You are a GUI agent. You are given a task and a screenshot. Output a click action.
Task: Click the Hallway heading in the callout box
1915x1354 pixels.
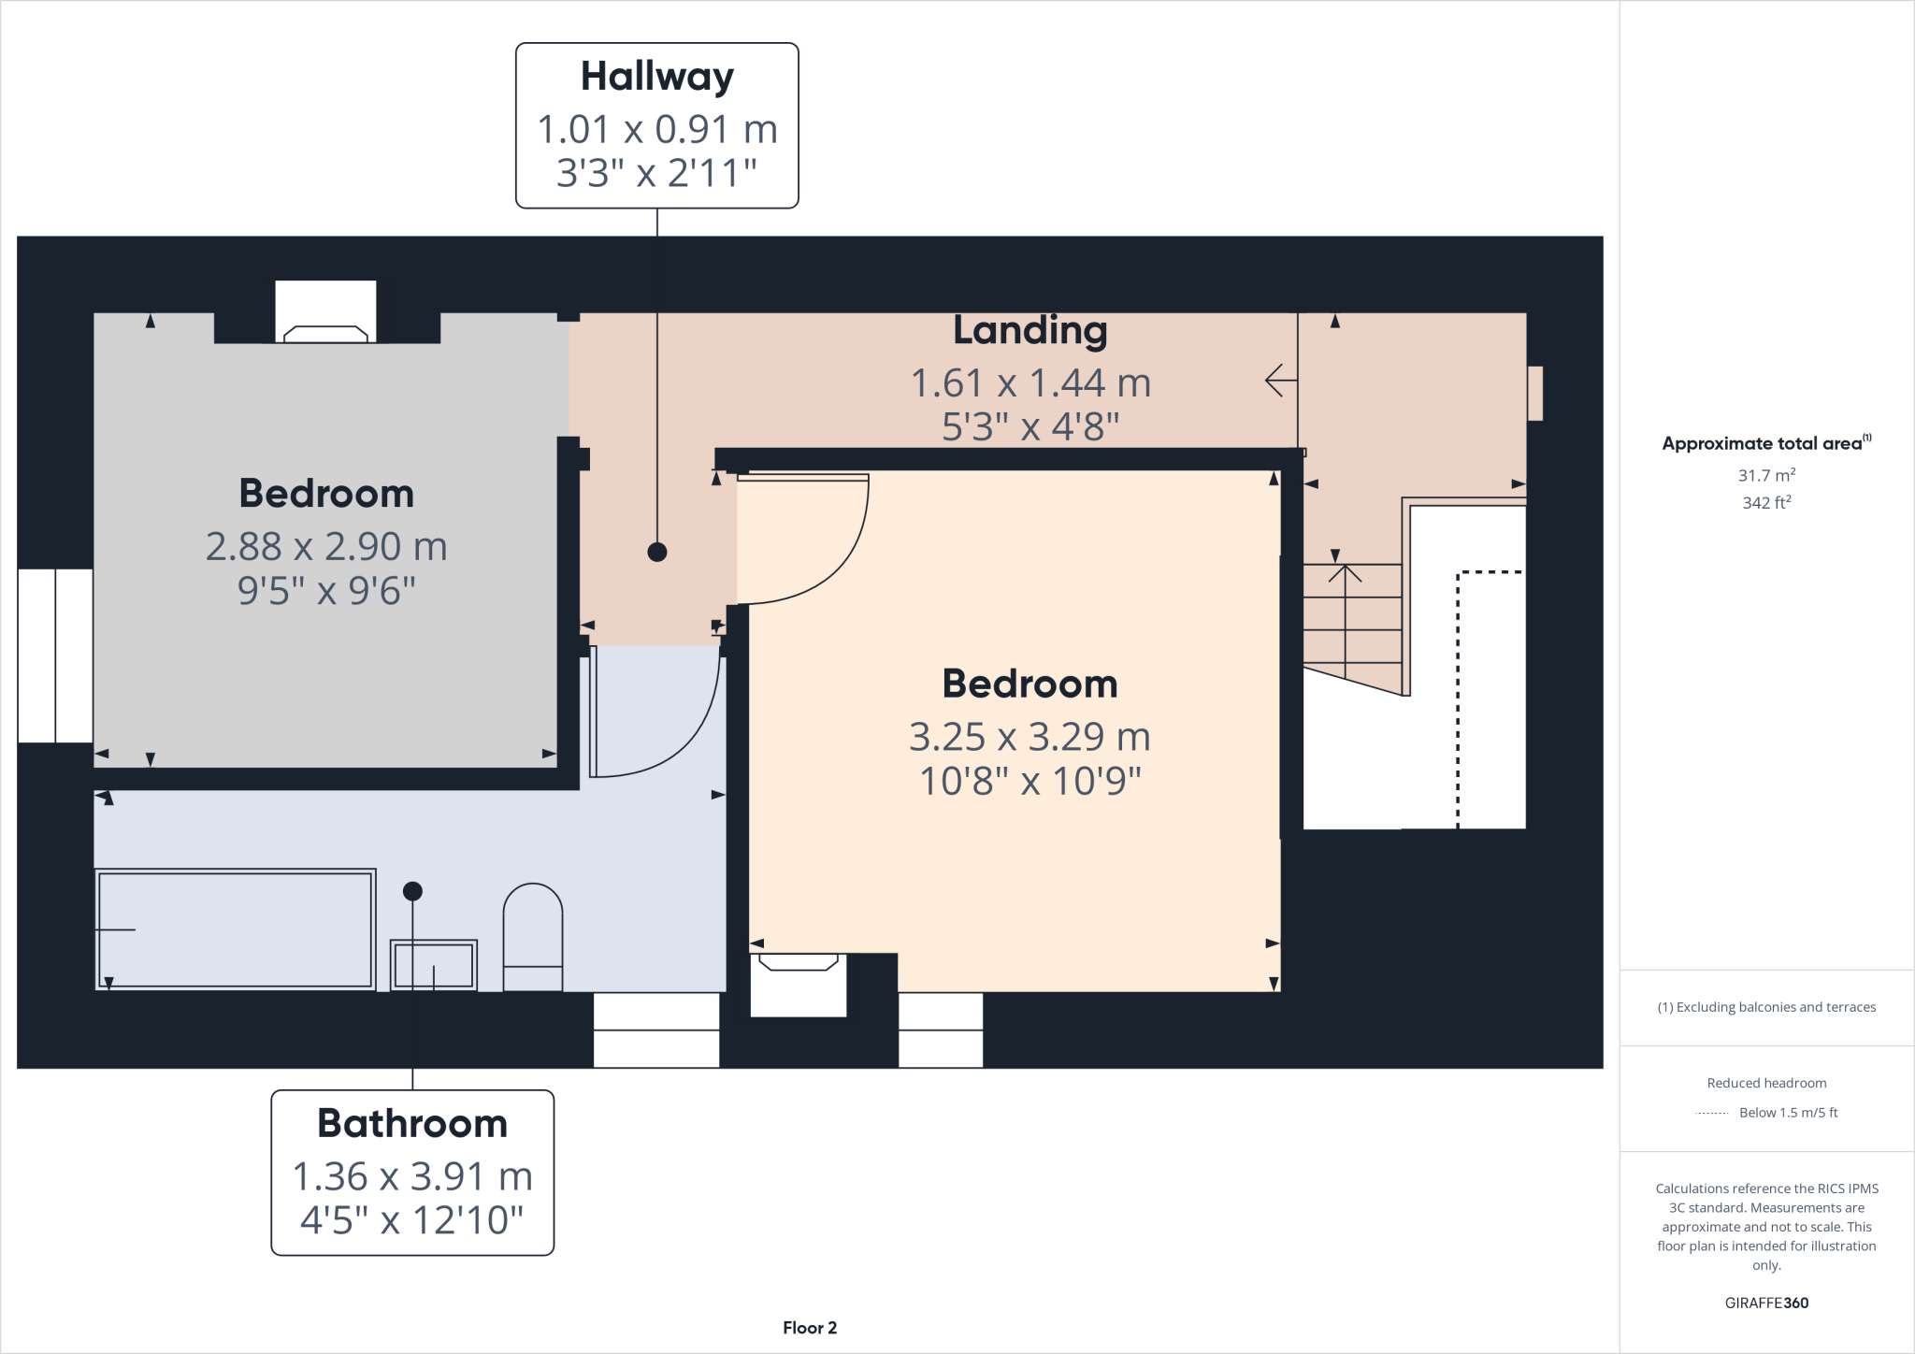(656, 77)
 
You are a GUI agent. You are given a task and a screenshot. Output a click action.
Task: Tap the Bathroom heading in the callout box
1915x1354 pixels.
(412, 1123)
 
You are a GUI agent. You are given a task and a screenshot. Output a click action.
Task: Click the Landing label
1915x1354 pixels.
(1029, 330)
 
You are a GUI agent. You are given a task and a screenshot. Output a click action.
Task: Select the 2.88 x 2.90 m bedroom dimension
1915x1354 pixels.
(326, 546)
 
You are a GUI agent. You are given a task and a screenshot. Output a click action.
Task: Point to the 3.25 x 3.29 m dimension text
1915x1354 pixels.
(1029, 737)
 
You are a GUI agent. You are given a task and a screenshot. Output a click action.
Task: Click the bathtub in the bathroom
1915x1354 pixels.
(235, 929)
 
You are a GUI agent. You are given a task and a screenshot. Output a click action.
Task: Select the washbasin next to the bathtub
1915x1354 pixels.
(434, 965)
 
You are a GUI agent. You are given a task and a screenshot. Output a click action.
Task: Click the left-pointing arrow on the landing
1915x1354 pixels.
(1280, 381)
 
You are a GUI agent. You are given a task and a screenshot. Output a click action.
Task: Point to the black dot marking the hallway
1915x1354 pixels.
(657, 552)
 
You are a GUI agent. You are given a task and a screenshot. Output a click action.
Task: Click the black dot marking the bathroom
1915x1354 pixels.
(412, 891)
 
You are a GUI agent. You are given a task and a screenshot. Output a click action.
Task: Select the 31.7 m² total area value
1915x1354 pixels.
(1765, 475)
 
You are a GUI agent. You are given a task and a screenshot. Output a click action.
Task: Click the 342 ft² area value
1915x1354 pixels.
(1765, 503)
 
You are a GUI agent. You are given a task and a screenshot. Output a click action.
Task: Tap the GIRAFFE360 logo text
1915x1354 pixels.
(1765, 1303)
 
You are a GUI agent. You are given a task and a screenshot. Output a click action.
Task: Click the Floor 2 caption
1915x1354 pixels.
(810, 1328)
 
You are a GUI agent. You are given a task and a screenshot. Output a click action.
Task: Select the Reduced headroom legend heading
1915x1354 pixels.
(1765, 1083)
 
